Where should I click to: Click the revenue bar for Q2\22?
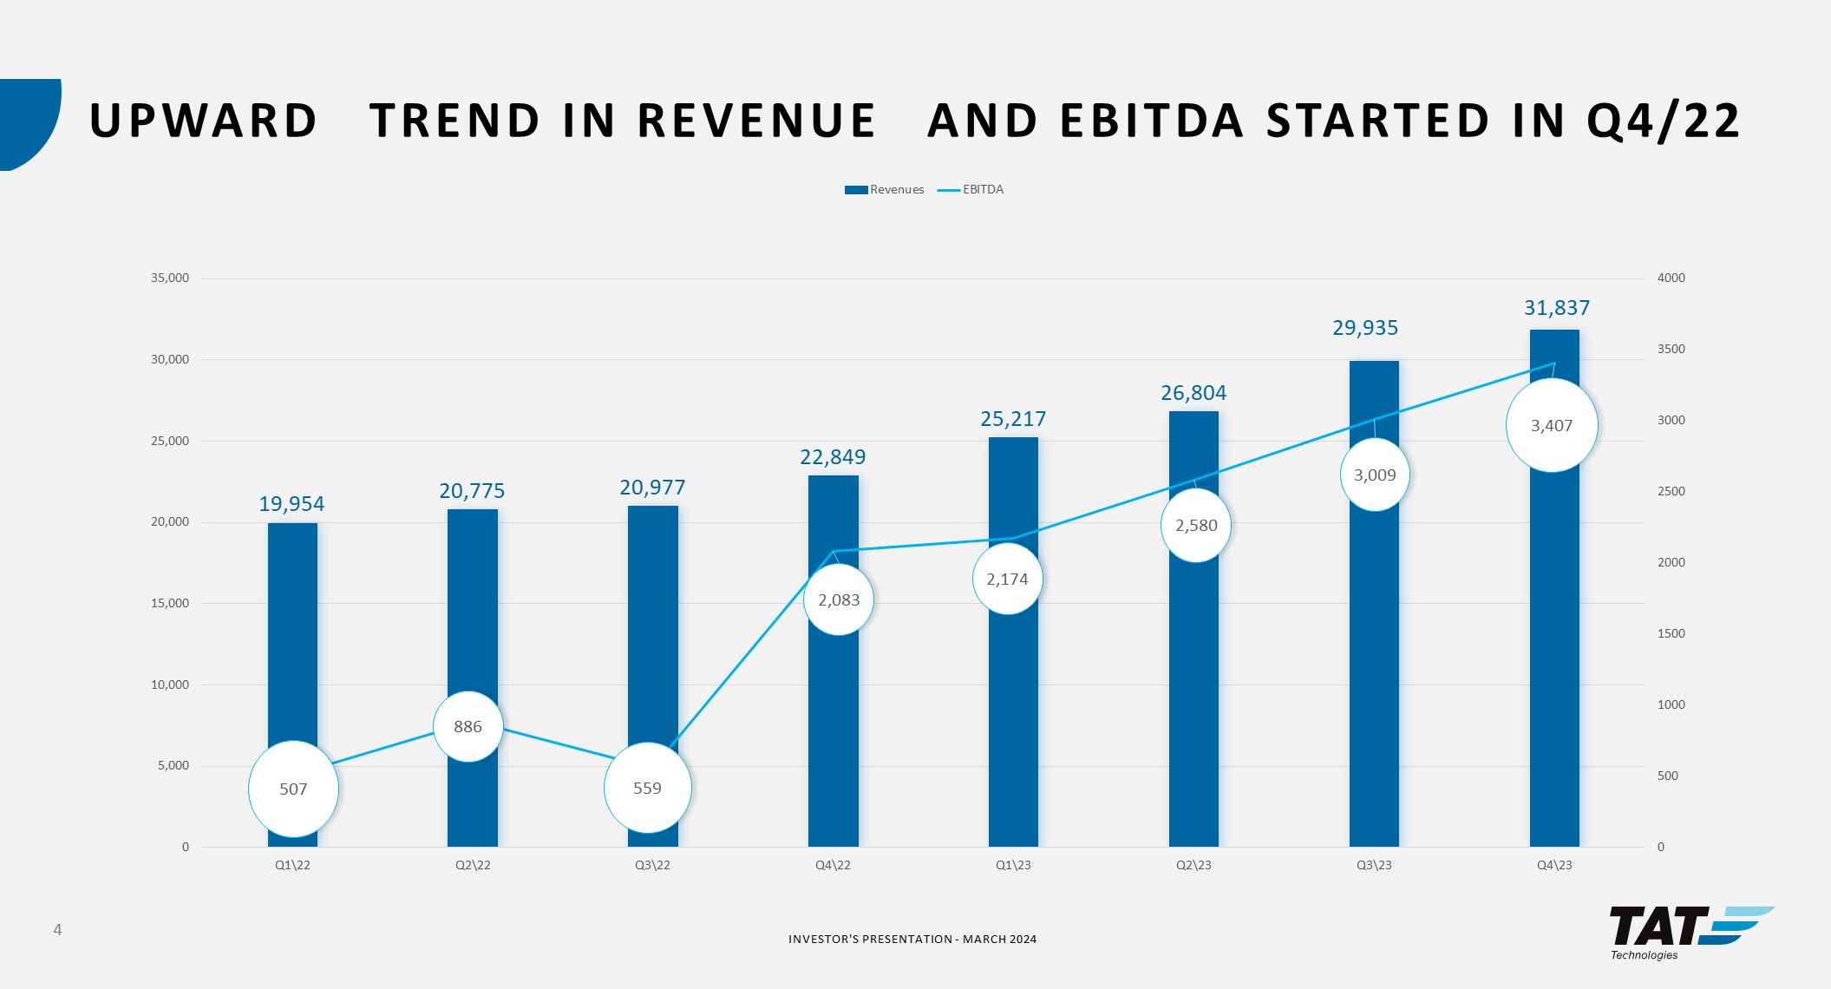coord(473,607)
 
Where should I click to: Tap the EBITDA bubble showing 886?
coord(468,727)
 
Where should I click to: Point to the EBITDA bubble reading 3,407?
coord(1552,426)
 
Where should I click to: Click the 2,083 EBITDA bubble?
coord(839,600)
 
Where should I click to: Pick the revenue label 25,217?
coord(1013,420)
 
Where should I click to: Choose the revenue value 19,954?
coord(291,504)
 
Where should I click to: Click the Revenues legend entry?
coord(886,190)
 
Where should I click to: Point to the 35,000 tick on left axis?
coord(170,278)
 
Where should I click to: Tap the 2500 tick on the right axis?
coord(1671,492)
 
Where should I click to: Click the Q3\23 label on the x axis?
coord(1374,866)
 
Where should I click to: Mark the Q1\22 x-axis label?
coord(292,866)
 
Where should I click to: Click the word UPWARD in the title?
coord(204,121)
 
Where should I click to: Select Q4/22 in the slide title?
coord(1663,121)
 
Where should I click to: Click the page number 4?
coord(57,931)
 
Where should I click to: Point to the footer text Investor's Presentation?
coord(912,940)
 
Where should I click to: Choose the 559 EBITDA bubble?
coord(647,789)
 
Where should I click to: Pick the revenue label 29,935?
coord(1365,328)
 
